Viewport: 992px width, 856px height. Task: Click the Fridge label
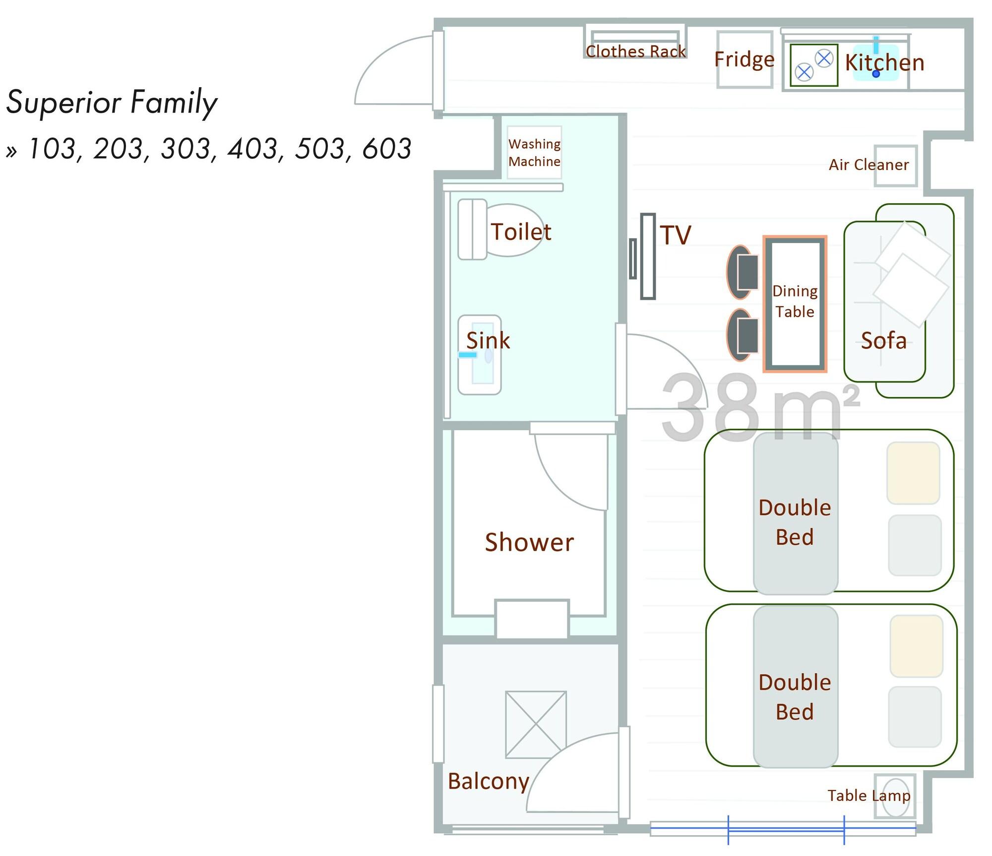coord(744,59)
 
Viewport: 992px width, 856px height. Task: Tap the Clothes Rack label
coord(635,52)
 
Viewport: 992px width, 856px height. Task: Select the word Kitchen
coord(885,63)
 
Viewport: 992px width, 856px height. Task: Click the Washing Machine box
coord(534,152)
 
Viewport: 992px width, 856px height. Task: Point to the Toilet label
coord(521,232)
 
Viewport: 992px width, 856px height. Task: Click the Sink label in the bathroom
coord(488,341)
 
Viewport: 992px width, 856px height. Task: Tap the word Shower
coord(529,542)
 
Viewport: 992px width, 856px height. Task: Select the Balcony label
coord(489,782)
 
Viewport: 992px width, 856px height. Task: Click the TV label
coord(675,235)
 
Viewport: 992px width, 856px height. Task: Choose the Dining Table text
coord(795,301)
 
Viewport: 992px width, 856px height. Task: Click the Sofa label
coord(883,341)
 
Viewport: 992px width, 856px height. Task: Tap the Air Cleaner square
coord(895,166)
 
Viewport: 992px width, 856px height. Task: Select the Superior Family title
coord(112,103)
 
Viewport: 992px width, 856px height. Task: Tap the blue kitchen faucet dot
coord(876,74)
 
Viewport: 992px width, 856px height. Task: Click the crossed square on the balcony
coord(536,725)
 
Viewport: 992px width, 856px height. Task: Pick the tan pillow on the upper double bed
coord(913,473)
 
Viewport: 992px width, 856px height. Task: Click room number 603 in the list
coord(387,149)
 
